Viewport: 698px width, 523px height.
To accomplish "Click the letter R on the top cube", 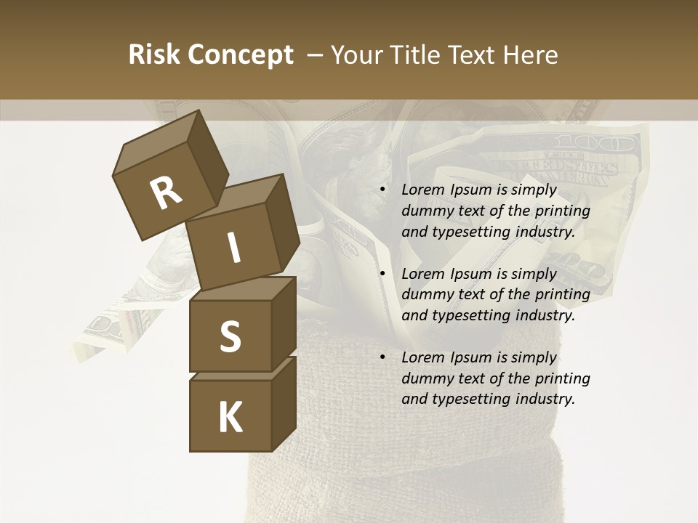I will (x=166, y=193).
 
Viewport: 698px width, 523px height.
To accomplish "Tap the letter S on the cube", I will (x=230, y=336).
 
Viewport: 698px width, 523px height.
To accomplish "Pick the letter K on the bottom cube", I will (x=230, y=417).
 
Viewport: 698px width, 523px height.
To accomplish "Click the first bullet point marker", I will (x=383, y=190).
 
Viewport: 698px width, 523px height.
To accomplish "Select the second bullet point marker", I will (x=383, y=274).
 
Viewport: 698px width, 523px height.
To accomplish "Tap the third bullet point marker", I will (x=383, y=357).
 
